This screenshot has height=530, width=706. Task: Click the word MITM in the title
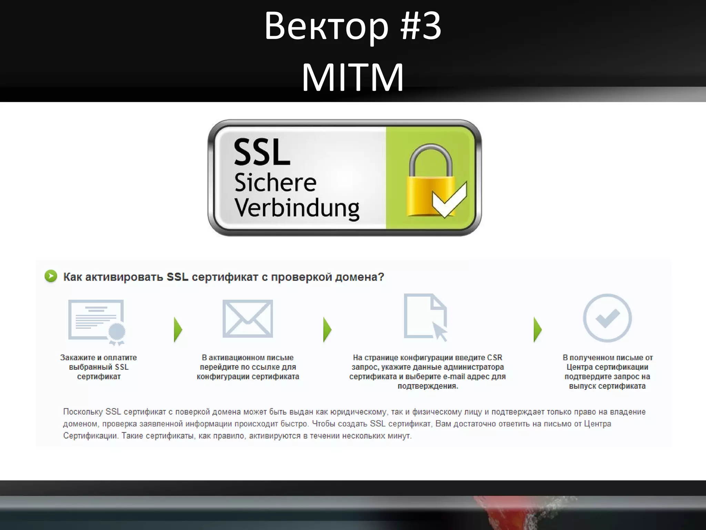(353, 77)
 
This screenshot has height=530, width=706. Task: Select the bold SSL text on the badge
(262, 152)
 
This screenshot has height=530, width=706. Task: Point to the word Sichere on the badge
(275, 183)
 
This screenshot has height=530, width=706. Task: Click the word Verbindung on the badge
(297, 208)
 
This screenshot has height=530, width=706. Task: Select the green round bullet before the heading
(51, 276)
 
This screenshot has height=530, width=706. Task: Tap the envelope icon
(248, 318)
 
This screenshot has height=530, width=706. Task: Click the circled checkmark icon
(607, 318)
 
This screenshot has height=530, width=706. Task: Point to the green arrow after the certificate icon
(178, 330)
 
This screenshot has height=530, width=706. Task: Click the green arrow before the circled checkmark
(537, 330)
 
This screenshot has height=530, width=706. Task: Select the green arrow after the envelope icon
(327, 330)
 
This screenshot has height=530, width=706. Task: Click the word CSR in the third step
(494, 357)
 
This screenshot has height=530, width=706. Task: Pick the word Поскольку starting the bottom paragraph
(83, 412)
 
